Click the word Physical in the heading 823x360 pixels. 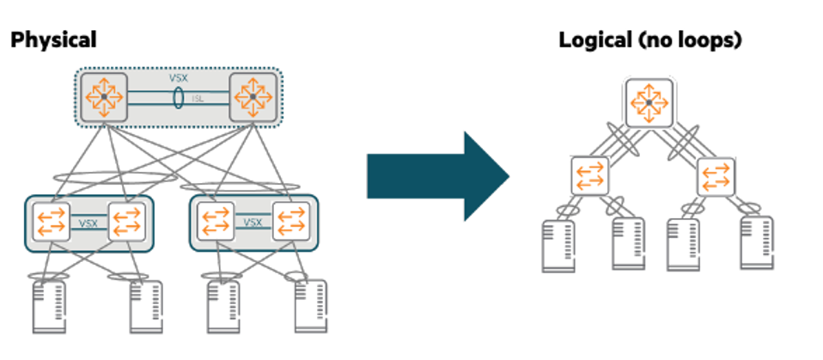tap(52, 40)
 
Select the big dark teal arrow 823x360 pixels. tap(438, 176)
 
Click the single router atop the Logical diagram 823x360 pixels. tap(649, 103)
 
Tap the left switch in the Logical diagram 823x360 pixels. tap(589, 175)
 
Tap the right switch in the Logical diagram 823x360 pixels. tap(716, 175)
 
